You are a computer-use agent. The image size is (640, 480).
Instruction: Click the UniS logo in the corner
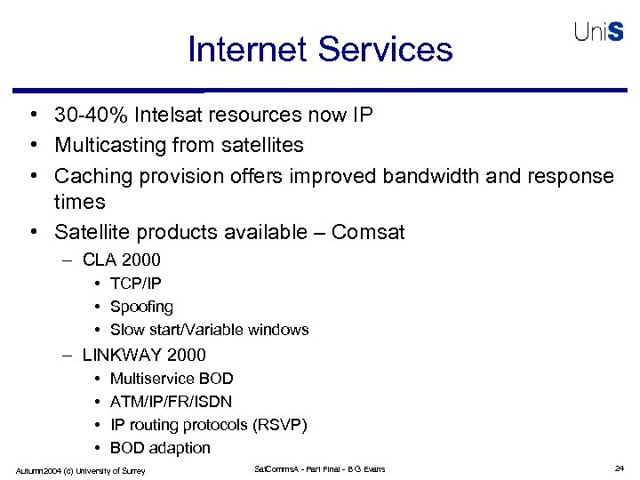599,32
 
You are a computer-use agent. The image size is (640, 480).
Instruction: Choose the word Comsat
368,233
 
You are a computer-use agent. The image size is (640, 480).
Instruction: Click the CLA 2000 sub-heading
122,260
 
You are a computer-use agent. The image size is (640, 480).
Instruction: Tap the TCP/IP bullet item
136,284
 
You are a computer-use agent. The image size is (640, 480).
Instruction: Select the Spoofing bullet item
141,307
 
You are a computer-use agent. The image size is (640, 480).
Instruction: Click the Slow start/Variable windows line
209,330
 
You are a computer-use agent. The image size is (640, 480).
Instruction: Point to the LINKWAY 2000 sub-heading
144,355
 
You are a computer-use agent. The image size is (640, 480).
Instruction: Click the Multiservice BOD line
172,379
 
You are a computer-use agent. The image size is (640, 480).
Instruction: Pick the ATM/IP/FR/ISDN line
171,402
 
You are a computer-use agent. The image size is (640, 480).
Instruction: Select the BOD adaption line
160,448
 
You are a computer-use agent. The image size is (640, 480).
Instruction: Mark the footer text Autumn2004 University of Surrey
80,470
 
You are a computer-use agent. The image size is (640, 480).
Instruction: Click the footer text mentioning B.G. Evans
320,469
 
